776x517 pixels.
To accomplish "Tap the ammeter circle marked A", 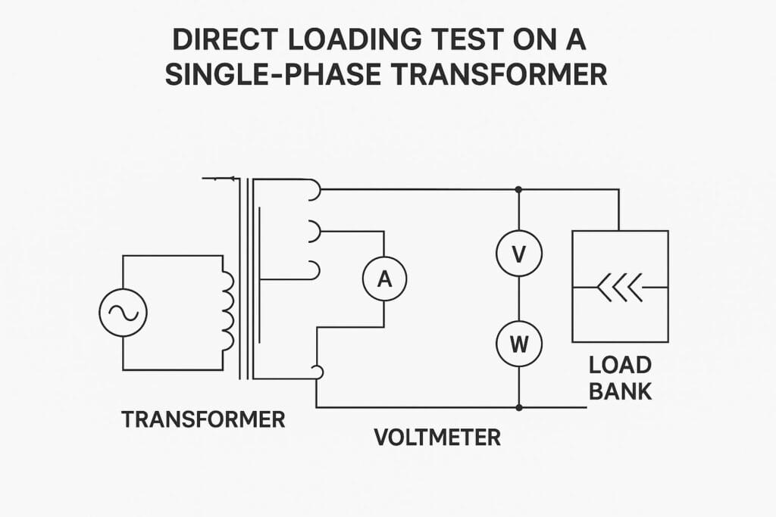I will tap(384, 279).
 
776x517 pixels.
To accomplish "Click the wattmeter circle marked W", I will tap(519, 344).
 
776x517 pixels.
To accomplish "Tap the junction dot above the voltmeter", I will tap(519, 189).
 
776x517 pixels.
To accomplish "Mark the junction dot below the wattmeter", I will tap(519, 407).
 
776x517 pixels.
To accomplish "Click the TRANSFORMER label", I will tap(203, 419).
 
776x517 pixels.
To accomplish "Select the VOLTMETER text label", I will tap(437, 437).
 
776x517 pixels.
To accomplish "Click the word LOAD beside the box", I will tap(620, 366).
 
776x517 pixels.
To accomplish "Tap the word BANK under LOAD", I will tap(620, 393).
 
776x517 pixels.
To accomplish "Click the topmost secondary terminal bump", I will tap(314, 192).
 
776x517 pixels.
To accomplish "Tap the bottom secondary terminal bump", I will tap(318, 372).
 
